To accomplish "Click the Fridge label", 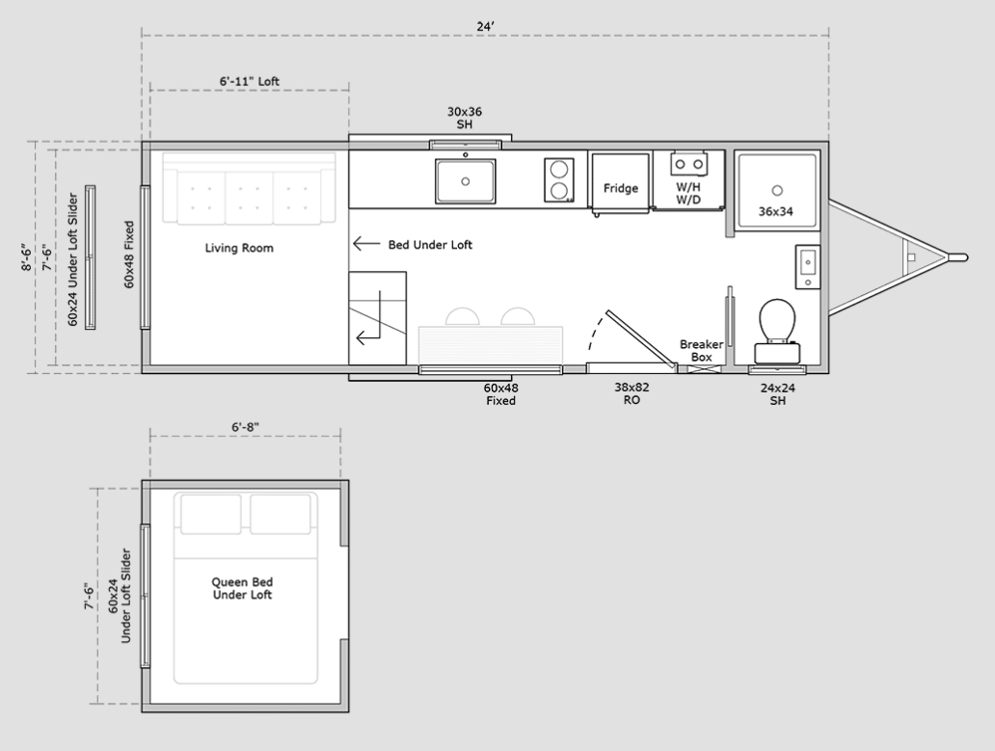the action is (x=621, y=188).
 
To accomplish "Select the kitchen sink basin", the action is (x=465, y=181).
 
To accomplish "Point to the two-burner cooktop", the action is (x=559, y=180).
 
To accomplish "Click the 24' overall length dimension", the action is (x=485, y=27).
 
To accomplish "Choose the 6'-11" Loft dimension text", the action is (x=250, y=81).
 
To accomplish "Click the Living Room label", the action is (x=239, y=248).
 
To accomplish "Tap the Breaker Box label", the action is (x=701, y=350).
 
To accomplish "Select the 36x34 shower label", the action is (x=776, y=211).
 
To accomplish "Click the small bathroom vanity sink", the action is (x=808, y=266).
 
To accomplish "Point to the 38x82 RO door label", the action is (x=632, y=393).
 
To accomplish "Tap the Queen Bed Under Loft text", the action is (x=242, y=588).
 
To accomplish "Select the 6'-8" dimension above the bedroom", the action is (x=245, y=427).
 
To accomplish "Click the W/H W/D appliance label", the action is (x=688, y=194).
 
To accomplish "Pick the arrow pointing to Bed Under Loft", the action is (x=366, y=244).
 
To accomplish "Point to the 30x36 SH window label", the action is (x=465, y=118).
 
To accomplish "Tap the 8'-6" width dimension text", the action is (x=26, y=256).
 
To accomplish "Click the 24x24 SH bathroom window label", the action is (x=778, y=394).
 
